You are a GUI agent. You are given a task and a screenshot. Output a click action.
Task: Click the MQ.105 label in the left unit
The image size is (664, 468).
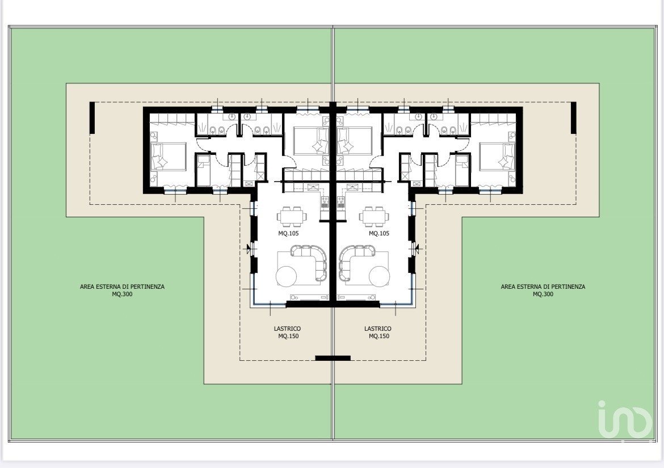(x=288, y=233)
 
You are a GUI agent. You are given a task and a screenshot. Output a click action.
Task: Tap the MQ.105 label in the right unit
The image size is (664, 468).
(x=379, y=233)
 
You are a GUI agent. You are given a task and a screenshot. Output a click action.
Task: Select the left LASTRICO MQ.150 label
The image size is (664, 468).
(x=287, y=332)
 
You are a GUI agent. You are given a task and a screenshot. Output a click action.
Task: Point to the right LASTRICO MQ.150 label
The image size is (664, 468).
(x=378, y=332)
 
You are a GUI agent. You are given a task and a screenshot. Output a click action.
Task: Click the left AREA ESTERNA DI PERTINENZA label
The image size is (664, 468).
(x=123, y=290)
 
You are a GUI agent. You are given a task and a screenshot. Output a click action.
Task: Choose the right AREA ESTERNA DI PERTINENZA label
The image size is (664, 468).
(x=543, y=290)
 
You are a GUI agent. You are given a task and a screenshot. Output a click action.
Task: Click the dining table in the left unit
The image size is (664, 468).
(x=291, y=216)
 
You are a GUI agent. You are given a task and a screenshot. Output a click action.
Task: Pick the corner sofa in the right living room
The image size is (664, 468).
(x=351, y=260)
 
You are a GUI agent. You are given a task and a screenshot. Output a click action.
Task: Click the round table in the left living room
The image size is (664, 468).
(x=286, y=276)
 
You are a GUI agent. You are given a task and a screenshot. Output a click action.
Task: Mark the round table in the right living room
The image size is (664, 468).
(x=380, y=276)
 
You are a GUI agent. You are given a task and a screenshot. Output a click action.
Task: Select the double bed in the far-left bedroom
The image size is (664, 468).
(x=169, y=157)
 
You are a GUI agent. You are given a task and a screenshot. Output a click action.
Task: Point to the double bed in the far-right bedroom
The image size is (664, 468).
(x=497, y=157)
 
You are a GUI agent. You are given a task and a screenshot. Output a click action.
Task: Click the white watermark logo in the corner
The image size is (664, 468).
(x=625, y=419)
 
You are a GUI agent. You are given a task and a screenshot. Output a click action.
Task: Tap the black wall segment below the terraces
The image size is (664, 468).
(x=333, y=358)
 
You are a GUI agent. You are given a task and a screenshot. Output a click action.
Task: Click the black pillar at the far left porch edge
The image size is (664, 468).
(x=92, y=118)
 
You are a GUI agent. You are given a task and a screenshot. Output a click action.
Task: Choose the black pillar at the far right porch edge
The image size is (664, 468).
(x=574, y=118)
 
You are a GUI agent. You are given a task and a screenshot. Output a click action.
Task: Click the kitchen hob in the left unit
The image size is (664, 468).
(x=325, y=202)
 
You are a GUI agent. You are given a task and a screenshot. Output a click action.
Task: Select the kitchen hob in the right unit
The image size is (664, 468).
(x=341, y=202)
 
